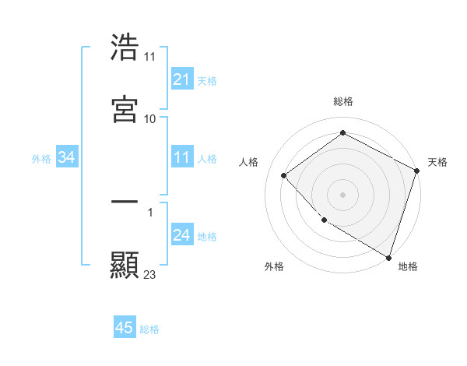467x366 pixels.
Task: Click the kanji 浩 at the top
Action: click(125, 48)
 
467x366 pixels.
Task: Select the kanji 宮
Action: click(125, 108)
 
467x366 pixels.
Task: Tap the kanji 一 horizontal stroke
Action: click(125, 202)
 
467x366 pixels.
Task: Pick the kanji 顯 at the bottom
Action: click(125, 264)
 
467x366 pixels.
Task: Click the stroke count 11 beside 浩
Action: click(150, 57)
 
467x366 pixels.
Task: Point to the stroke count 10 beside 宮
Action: click(150, 118)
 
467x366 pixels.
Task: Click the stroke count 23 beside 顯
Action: click(150, 274)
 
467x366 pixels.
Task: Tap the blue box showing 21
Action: click(181, 79)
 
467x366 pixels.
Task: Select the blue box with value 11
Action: click(181, 158)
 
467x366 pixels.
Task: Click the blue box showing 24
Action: click(181, 236)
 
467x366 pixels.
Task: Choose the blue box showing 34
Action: click(67, 158)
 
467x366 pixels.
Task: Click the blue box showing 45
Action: click(125, 328)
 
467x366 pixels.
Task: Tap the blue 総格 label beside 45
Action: click(150, 329)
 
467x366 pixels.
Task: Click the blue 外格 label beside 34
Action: click(41, 159)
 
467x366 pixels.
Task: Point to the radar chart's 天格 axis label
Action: click(437, 162)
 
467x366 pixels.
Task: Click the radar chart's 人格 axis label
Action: click(249, 162)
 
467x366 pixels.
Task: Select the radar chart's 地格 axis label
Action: click(408, 266)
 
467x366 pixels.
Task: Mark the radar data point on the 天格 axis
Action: click(417, 170)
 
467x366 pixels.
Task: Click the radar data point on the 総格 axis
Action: click(342, 133)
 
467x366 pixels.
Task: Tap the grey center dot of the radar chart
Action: click(342, 194)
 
